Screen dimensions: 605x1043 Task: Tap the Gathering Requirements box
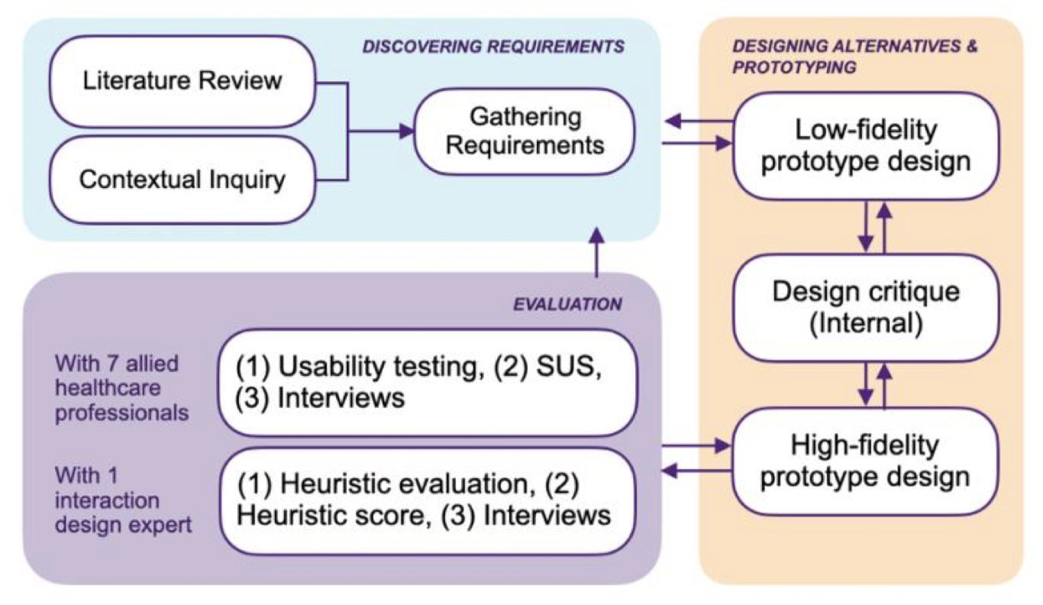tap(525, 130)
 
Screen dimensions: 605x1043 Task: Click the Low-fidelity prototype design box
tap(865, 146)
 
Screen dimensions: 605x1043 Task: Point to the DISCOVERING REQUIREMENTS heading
tap(493, 47)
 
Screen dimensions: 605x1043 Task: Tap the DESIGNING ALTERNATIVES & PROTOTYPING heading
tap(854, 57)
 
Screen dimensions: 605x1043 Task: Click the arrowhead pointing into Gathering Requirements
tap(404, 131)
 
